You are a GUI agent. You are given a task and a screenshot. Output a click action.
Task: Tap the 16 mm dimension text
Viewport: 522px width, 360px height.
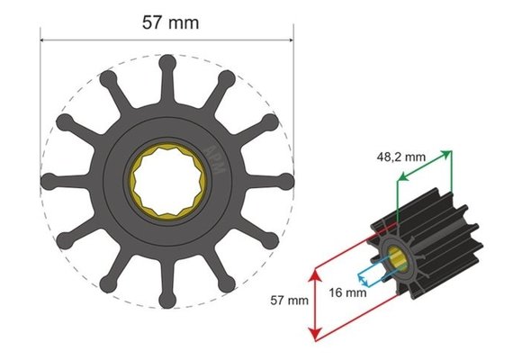coord(347,292)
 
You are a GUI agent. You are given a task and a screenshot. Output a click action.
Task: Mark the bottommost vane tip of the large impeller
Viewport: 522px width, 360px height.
coord(167,300)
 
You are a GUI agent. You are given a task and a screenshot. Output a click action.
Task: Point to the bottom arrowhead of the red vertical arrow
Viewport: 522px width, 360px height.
coord(313,337)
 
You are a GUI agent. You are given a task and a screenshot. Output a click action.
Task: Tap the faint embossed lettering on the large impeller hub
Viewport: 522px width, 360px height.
coord(213,144)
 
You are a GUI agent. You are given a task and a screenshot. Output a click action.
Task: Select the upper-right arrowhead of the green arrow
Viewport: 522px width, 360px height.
coord(447,154)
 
